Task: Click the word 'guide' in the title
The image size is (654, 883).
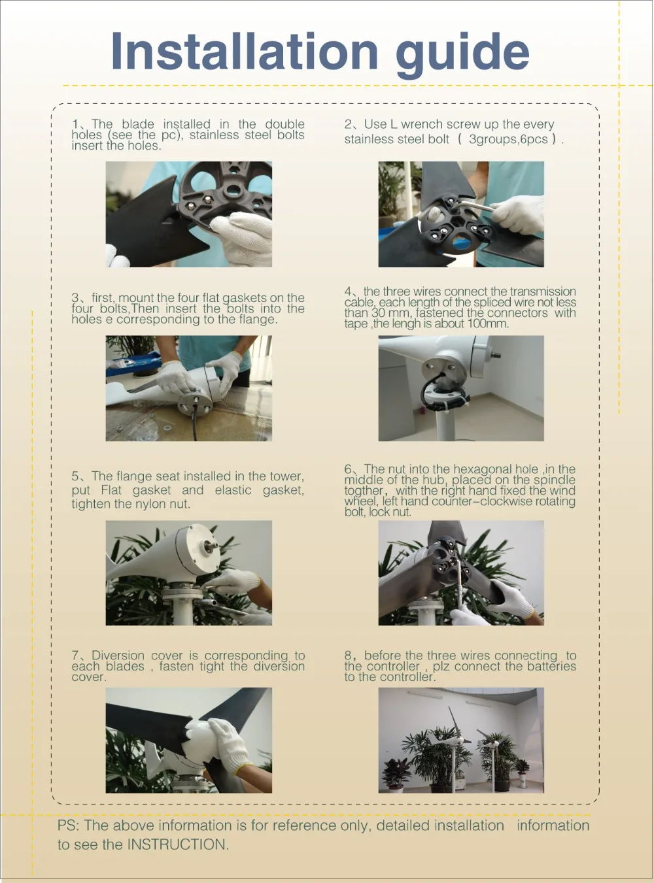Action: point(462,53)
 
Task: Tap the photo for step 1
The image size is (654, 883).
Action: point(188,214)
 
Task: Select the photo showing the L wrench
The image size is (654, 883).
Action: point(460,214)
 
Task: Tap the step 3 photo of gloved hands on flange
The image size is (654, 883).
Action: point(188,388)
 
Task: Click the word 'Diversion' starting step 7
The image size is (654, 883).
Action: point(118,656)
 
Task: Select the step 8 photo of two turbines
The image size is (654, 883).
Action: point(460,740)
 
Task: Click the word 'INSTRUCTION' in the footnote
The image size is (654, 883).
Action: point(177,844)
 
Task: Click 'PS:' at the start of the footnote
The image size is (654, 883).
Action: point(68,825)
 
